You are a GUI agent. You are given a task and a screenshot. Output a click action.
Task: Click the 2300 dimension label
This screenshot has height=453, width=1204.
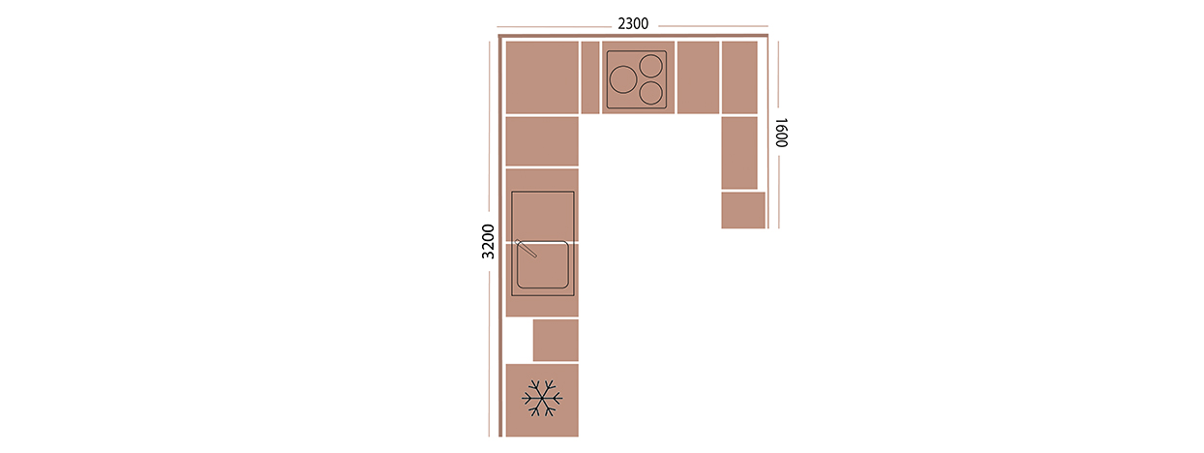[633, 24]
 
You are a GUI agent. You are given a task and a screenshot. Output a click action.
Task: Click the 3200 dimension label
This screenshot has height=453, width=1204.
[488, 241]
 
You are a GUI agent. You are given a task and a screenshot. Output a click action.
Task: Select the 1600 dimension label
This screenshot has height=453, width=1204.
[781, 133]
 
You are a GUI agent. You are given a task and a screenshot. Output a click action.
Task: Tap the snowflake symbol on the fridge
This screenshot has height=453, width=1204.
[542, 398]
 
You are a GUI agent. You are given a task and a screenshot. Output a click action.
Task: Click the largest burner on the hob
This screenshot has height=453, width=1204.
[623, 79]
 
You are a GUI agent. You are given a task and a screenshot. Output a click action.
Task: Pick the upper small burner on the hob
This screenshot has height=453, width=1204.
[651, 66]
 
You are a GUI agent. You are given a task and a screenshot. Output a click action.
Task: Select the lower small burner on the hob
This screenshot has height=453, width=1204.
[651, 93]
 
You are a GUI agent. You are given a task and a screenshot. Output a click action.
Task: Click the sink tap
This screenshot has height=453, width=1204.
[526, 249]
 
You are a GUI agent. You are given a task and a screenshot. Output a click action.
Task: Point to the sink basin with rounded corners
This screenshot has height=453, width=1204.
[542, 265]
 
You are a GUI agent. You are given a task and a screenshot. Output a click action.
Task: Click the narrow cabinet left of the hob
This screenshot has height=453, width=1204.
[590, 77]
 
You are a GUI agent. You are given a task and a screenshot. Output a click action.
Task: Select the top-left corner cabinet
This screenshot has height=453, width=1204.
[542, 77]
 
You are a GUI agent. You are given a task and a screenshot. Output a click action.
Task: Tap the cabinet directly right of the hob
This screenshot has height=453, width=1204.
[698, 77]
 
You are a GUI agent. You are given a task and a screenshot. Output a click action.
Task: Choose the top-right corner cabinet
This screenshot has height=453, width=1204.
[739, 77]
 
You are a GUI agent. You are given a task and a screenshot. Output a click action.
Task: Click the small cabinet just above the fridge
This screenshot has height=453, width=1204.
[556, 340]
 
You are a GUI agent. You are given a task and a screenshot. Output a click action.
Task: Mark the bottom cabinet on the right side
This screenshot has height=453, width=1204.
[743, 210]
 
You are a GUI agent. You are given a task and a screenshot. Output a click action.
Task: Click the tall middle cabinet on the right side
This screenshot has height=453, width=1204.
[739, 153]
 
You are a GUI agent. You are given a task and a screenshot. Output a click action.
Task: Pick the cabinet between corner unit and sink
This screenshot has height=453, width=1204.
[542, 141]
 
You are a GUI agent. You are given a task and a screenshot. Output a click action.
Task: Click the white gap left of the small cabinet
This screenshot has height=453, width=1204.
[519, 340]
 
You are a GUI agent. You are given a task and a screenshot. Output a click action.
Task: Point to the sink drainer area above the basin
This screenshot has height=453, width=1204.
[542, 216]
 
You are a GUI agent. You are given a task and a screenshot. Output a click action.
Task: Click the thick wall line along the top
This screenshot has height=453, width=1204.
[633, 36]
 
